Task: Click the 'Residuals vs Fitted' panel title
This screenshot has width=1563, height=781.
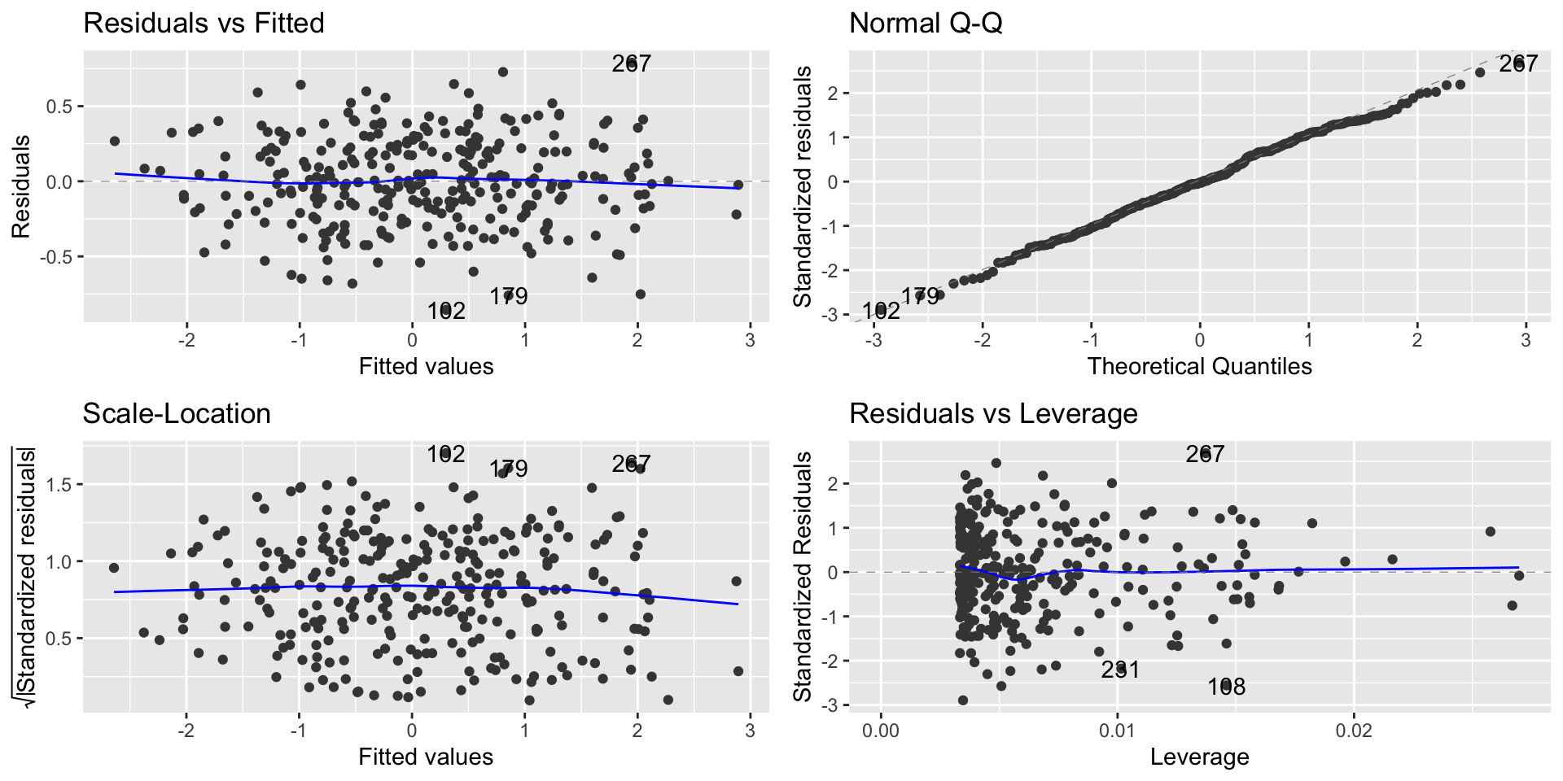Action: [204, 23]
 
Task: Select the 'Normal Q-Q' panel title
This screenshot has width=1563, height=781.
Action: [926, 23]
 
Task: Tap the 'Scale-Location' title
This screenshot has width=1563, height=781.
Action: [177, 413]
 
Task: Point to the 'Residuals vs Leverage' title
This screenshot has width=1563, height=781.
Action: [993, 413]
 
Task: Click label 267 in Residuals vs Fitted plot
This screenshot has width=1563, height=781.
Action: [632, 63]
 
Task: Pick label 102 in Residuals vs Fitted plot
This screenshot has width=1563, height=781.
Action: [446, 311]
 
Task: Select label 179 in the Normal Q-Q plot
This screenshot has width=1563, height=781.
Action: [920, 296]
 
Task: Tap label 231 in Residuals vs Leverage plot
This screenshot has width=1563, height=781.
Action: [1120, 670]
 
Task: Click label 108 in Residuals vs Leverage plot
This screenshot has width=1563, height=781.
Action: [1226, 687]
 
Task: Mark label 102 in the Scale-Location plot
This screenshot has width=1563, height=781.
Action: [446, 454]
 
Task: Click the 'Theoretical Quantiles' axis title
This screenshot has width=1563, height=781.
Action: [1199, 366]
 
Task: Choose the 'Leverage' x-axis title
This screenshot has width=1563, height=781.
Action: [1199, 757]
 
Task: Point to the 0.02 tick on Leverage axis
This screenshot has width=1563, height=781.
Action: [1355, 731]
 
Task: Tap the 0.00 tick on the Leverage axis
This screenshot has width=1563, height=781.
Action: [881, 731]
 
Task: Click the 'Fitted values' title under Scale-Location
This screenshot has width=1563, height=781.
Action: [426, 757]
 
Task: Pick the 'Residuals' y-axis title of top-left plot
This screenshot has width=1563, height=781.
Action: [21, 187]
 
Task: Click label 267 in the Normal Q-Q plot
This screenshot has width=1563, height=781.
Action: [1518, 63]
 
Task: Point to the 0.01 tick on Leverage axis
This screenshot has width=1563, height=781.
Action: [1117, 731]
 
